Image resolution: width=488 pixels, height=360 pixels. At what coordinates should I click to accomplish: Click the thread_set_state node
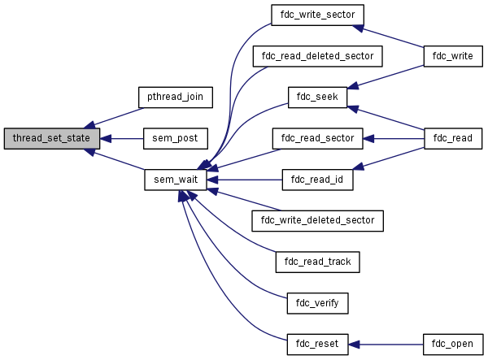point(52,138)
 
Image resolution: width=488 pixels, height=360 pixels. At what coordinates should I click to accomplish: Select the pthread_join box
point(175,97)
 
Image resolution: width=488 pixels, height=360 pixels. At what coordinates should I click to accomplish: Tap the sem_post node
point(175,138)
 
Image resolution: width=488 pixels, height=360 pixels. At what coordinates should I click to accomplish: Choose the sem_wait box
point(175,180)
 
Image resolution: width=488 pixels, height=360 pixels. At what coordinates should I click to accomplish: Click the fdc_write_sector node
point(317,15)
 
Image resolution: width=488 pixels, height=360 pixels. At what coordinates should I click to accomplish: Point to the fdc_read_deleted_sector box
point(317,56)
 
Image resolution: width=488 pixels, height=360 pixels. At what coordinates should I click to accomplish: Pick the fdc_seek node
point(317,97)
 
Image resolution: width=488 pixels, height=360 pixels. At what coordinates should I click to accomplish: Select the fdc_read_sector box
point(317,138)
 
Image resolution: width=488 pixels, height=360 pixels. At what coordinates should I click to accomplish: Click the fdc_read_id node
point(317,180)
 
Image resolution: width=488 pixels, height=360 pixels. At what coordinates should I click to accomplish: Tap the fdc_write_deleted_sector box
point(317,220)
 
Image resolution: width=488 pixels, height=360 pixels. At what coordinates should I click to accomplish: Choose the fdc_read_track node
point(317,262)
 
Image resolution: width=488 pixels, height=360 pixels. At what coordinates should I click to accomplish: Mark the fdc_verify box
point(317,303)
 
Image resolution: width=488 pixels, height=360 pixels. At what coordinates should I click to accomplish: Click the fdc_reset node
point(317,344)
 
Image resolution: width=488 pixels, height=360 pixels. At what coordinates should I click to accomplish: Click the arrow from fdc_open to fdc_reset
point(386,344)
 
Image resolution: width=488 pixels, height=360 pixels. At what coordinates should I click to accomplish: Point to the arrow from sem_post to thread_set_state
point(122,138)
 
